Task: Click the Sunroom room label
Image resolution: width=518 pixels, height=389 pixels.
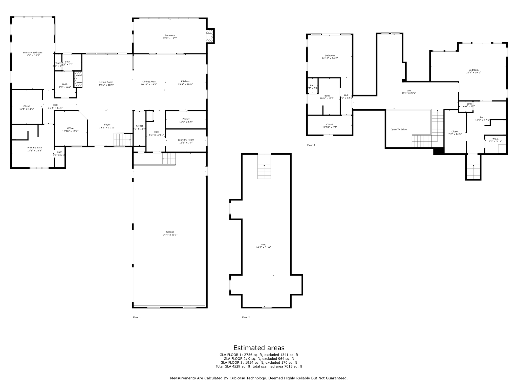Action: point(170,35)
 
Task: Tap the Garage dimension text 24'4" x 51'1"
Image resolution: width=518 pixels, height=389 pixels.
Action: point(170,235)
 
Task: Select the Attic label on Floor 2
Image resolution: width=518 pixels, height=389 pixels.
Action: point(263,245)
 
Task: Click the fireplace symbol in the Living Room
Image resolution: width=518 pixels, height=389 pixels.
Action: point(78,80)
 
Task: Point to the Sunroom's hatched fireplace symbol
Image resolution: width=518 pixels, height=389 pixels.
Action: point(210,36)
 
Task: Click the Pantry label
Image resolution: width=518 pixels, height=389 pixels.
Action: point(186,119)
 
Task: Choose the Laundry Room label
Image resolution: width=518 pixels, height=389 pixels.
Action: point(186,140)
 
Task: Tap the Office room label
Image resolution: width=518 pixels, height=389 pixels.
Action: point(70,128)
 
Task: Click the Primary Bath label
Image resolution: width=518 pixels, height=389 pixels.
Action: point(35,148)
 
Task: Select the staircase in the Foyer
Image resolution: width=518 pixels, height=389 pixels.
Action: point(122,140)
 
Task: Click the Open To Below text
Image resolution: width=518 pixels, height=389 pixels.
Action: point(399,129)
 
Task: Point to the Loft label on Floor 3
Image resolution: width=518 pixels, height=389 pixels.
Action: point(409,90)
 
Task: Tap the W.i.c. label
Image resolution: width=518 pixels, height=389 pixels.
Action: point(495,139)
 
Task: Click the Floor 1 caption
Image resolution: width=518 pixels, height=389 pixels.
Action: point(137,317)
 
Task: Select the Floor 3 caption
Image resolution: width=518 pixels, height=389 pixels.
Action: point(311,145)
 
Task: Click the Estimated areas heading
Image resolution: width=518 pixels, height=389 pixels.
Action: point(259,348)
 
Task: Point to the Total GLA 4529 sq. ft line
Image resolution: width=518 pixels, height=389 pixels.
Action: point(259,366)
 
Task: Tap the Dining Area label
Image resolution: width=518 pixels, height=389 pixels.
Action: point(149,82)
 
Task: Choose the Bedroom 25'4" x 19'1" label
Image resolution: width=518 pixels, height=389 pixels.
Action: point(473,70)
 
